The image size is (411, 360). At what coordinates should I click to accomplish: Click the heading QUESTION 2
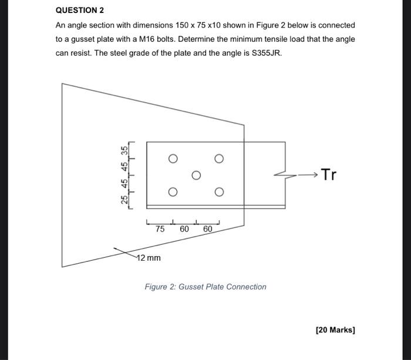tap(79, 10)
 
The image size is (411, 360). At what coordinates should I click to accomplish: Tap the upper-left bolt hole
tap(172, 159)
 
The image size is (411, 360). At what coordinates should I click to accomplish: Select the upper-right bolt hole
tap(219, 159)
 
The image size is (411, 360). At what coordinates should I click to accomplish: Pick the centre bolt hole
tap(196, 175)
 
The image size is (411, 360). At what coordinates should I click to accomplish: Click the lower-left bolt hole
tap(172, 192)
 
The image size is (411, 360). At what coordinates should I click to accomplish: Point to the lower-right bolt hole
tap(219, 192)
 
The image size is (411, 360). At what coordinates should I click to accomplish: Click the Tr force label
tap(330, 175)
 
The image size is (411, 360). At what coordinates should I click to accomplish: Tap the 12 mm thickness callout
tap(149, 258)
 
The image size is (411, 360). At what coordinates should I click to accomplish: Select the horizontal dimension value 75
tap(160, 230)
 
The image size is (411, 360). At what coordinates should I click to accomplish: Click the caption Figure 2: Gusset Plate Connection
tap(206, 287)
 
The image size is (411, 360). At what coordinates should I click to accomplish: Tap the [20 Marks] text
tap(335, 330)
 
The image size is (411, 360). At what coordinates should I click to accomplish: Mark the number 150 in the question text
tap(183, 25)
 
